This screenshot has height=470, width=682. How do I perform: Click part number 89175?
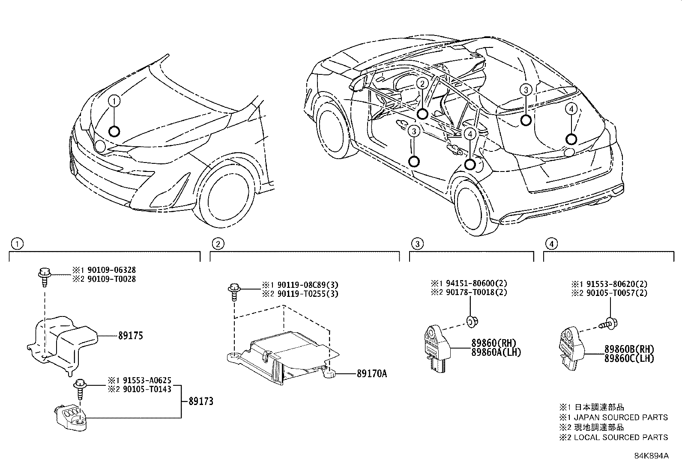tap(131, 336)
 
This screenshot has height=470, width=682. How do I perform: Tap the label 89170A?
tap(371, 374)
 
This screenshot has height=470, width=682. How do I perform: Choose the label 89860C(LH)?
tap(629, 358)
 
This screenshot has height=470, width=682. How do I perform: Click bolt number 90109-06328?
tap(112, 270)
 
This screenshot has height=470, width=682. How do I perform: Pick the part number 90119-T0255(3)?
tap(301, 294)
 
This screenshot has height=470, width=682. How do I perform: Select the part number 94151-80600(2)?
tap(469, 283)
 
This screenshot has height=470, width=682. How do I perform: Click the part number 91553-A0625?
tap(147, 379)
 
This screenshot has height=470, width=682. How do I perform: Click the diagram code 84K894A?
tap(651, 455)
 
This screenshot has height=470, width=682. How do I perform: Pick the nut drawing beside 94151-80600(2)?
tap(472, 321)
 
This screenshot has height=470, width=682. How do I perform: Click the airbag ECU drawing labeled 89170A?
tap(281, 355)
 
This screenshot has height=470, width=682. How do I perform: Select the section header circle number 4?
tap(551, 244)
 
